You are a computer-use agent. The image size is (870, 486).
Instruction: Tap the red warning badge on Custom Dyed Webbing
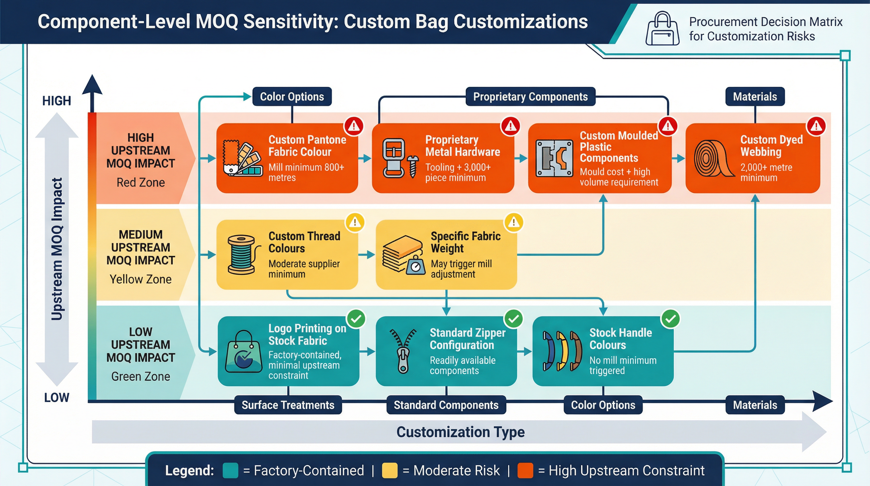(816, 126)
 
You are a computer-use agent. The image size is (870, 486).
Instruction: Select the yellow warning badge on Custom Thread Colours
(355, 222)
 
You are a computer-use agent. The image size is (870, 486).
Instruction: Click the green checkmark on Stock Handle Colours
(671, 319)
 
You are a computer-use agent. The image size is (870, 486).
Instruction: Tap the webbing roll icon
(713, 158)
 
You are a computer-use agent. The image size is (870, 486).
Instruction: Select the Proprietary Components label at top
(530, 97)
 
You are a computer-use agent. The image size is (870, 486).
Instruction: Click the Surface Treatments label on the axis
(288, 405)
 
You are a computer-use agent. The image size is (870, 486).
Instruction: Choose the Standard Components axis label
(446, 405)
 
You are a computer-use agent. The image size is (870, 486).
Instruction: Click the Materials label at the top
(755, 97)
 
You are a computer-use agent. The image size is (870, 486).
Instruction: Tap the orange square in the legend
(525, 470)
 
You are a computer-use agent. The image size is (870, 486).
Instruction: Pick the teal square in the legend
(230, 470)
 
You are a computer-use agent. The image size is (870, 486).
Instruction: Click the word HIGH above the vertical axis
(56, 101)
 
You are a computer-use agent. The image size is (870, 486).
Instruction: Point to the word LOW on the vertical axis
(56, 397)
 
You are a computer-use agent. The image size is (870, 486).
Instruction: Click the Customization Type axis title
(460, 432)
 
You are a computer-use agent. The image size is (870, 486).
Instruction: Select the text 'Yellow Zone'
(140, 279)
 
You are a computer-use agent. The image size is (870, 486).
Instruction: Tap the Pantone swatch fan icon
(242, 158)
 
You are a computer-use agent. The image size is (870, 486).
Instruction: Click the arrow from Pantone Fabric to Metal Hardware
(365, 158)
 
